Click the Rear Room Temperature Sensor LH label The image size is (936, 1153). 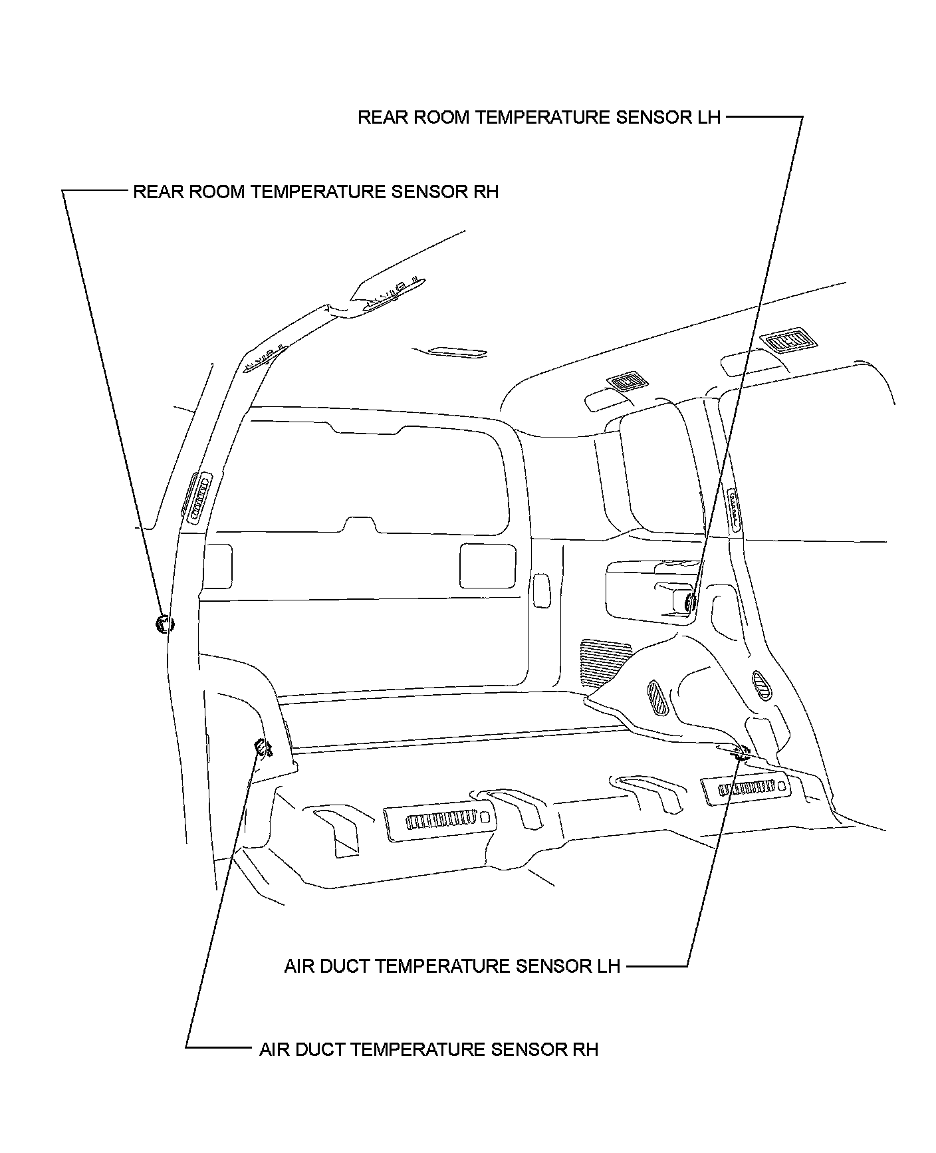tap(538, 118)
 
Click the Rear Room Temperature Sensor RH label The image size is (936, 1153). tap(316, 192)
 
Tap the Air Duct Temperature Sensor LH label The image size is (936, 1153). tap(452, 966)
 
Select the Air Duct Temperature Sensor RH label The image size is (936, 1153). tap(429, 1050)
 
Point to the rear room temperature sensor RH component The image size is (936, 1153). tap(163, 623)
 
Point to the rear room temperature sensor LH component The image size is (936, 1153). tap(690, 602)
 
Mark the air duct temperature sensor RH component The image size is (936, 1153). tap(264, 748)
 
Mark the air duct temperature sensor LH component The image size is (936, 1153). tap(740, 753)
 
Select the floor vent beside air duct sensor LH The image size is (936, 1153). tap(746, 788)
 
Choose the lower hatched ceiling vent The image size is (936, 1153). tap(626, 382)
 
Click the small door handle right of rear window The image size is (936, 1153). tap(541, 588)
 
